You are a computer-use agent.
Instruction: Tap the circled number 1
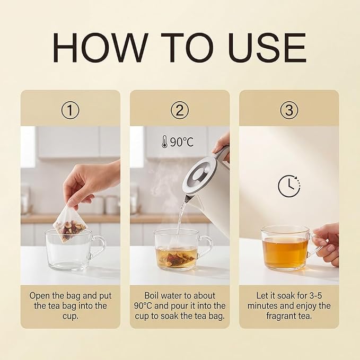coord(71,110)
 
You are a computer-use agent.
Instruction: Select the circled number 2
coord(180,110)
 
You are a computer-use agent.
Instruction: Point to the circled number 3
coord(289,110)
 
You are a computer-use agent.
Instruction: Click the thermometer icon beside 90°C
coord(164,142)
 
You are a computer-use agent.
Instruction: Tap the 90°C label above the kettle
coord(182,142)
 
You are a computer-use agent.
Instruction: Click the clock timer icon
coord(289,186)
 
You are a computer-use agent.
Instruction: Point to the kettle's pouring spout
coord(187,199)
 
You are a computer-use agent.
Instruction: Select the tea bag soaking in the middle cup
coord(176,258)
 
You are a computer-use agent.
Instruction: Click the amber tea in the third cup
coord(285,252)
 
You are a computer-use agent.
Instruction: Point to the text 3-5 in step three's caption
coord(315,295)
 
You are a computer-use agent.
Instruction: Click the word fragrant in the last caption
coord(280,317)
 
